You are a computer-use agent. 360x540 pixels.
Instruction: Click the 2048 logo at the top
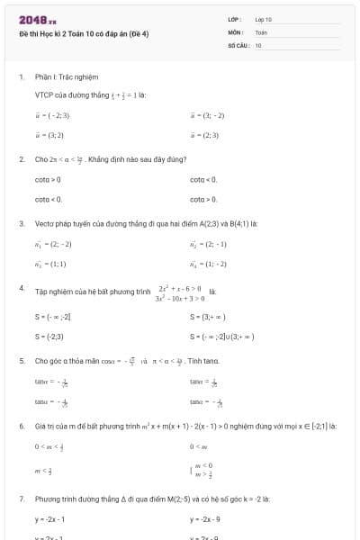point(37,19)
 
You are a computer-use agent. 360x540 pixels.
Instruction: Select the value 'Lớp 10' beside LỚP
point(264,19)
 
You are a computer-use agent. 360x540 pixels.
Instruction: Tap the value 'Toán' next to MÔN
point(261,31)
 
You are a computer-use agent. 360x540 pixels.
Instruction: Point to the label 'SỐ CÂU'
point(238,44)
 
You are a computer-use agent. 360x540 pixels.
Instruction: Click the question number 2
point(21,159)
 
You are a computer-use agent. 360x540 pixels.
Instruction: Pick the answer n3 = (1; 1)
point(50,265)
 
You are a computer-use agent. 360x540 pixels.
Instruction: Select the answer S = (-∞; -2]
point(53,317)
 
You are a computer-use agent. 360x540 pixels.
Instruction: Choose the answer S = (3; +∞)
point(208,317)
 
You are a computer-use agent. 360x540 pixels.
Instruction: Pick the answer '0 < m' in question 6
point(199,446)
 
